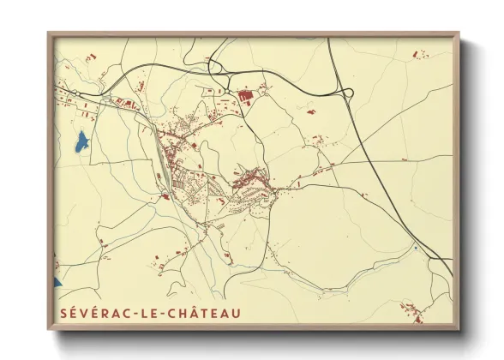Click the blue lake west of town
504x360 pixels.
pos(81,141)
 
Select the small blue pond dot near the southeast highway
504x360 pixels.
pos(416,248)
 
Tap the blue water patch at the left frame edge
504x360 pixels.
pos(57,281)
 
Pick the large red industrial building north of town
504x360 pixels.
pos(245,96)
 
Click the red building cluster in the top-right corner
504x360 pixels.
pos(420,55)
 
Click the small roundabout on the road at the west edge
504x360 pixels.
pos(78,92)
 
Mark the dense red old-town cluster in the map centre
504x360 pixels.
pos(249,180)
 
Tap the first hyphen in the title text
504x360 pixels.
pos(140,314)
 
